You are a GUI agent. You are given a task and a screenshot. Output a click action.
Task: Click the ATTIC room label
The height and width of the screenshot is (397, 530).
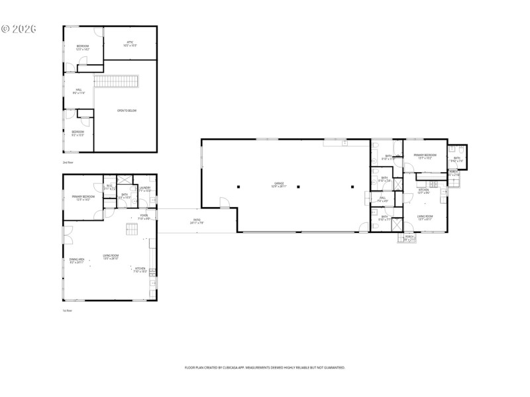[x=131, y=44]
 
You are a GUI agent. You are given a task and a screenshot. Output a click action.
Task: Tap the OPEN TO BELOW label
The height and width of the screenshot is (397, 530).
[x=127, y=110]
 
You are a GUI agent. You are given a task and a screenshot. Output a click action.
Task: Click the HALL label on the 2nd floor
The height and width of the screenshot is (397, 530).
[x=79, y=91]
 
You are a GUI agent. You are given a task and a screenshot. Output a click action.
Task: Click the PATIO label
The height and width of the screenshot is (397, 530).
[x=197, y=221]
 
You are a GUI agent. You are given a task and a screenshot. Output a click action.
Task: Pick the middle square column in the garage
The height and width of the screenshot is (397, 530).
[x=298, y=187]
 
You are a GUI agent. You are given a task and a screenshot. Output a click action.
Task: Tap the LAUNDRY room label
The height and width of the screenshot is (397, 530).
[x=144, y=189]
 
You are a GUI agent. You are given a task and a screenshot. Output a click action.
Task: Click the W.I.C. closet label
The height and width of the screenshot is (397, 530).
[x=110, y=187]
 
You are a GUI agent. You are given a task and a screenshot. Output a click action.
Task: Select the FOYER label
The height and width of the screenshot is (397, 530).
[x=144, y=216]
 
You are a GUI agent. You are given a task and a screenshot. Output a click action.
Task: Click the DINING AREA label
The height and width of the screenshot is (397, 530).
[x=76, y=261]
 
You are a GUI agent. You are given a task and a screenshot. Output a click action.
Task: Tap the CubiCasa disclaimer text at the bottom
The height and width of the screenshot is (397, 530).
[x=264, y=367]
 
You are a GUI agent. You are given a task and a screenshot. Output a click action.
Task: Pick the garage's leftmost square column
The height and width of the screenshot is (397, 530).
[x=239, y=187]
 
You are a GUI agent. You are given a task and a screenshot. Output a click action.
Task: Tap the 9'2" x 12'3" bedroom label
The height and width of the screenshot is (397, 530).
[x=78, y=133]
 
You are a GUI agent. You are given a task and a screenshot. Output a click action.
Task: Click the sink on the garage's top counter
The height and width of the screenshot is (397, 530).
[x=344, y=142]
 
